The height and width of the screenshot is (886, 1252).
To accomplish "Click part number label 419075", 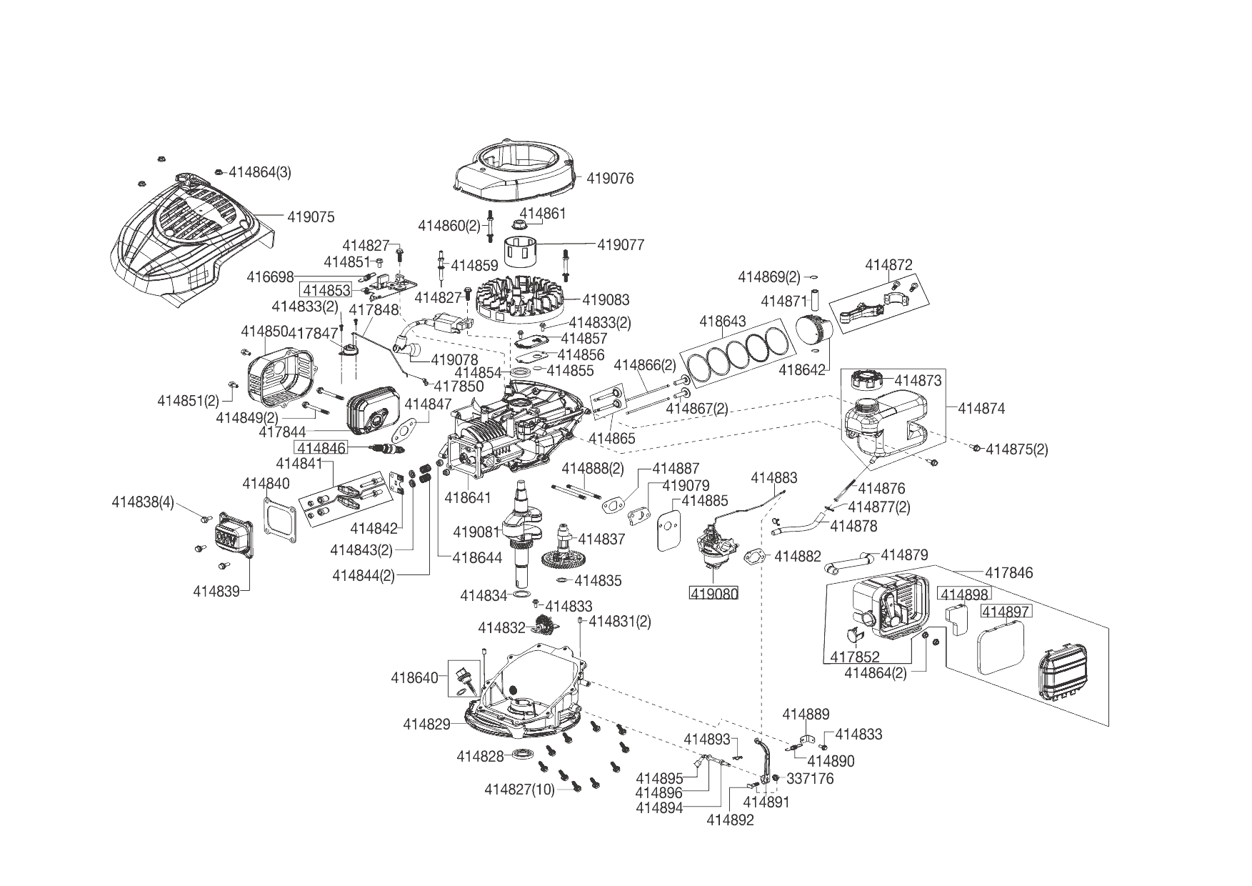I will (x=311, y=216).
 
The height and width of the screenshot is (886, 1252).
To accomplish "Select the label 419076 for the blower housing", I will (x=610, y=178).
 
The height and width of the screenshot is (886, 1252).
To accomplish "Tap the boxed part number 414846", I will (x=321, y=448).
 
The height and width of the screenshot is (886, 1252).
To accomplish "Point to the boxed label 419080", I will (x=713, y=592).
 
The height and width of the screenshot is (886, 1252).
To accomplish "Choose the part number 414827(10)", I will (x=519, y=790).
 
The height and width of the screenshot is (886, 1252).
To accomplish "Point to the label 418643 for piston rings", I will (x=722, y=322).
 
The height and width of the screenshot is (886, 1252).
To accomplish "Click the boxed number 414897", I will (x=1006, y=611).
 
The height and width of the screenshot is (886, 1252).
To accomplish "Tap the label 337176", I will (x=809, y=778).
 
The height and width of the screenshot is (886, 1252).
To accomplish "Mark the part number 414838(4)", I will (x=143, y=502).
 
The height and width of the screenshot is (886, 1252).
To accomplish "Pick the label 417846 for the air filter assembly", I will (x=1008, y=572).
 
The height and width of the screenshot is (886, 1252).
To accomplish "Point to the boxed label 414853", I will (x=326, y=290).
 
